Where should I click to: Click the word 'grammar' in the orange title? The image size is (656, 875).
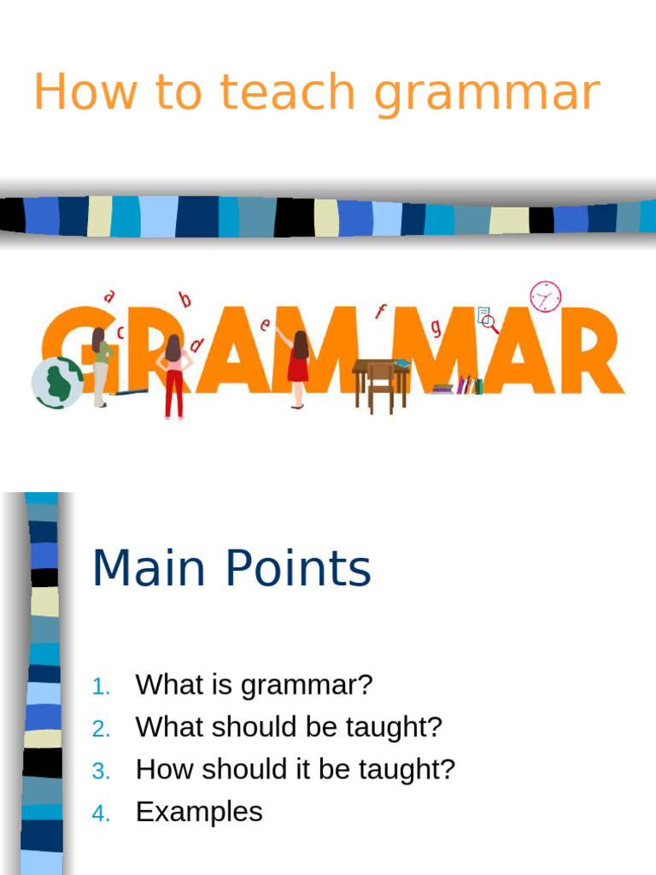[x=487, y=94]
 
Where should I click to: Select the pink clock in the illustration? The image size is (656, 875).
[x=545, y=297]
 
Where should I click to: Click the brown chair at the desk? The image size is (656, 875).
[x=381, y=386]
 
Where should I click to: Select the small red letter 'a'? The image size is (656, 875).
[x=108, y=297]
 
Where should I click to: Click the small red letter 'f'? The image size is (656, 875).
[x=381, y=312]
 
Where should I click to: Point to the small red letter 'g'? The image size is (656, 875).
[x=436, y=326]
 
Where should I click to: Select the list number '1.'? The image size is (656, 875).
[x=102, y=686]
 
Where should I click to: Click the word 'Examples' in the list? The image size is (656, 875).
[x=199, y=812]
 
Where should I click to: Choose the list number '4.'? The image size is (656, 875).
[x=102, y=814]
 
